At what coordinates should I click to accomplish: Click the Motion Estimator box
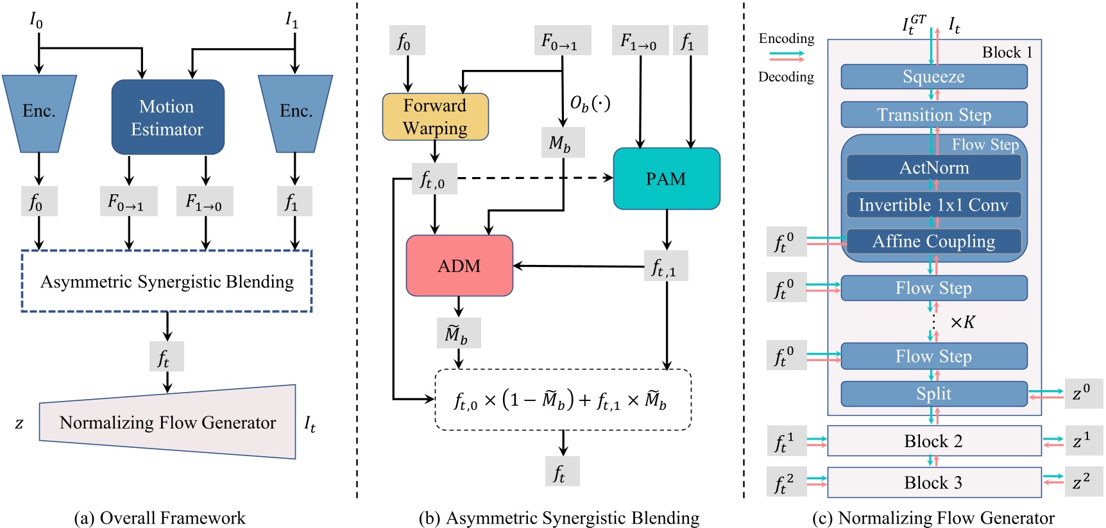coord(167,117)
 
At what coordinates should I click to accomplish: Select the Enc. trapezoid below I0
coord(39,113)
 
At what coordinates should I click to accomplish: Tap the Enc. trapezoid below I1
coord(295,113)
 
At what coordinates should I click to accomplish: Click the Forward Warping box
coord(435,117)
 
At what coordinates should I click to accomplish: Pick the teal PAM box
coord(666,179)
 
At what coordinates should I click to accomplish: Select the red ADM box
coord(459,266)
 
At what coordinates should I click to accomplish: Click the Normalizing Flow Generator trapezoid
coord(168,422)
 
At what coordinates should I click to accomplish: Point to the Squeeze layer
coord(933,77)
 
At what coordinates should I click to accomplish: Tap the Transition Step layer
coord(933,115)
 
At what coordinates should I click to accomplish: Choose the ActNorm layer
coord(933,168)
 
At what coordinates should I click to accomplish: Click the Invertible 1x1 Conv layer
coord(933,205)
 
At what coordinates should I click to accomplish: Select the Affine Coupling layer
coord(933,241)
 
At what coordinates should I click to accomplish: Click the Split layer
coord(933,393)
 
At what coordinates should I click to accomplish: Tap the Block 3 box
coord(933,482)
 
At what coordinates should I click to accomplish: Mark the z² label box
coord(1083,482)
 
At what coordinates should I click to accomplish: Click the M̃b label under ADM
coord(458,334)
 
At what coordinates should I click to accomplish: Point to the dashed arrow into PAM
coord(532,178)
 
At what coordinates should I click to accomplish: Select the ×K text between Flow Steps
coord(962,322)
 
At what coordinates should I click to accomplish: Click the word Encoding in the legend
coord(786,38)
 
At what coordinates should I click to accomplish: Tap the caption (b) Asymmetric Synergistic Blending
coord(559,518)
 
